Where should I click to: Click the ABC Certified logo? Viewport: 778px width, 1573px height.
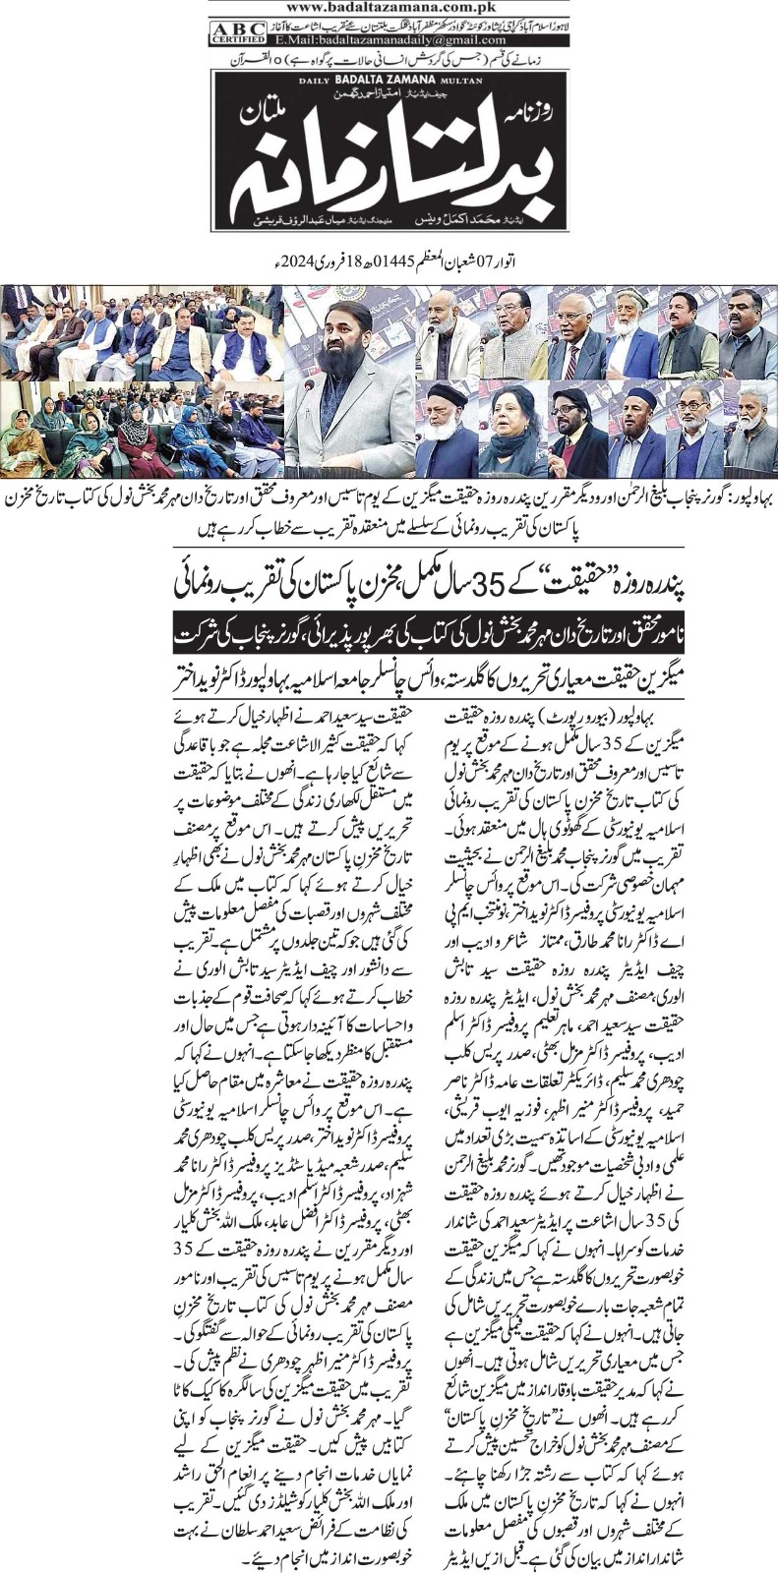tap(231, 32)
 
